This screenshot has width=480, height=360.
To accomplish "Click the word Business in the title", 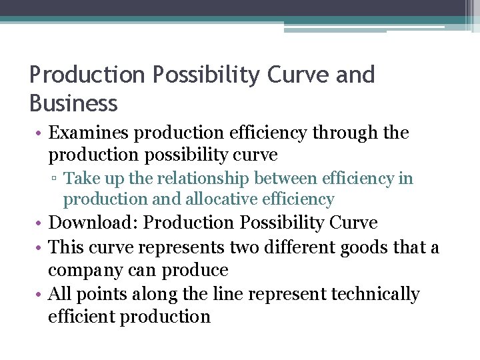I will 73,103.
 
